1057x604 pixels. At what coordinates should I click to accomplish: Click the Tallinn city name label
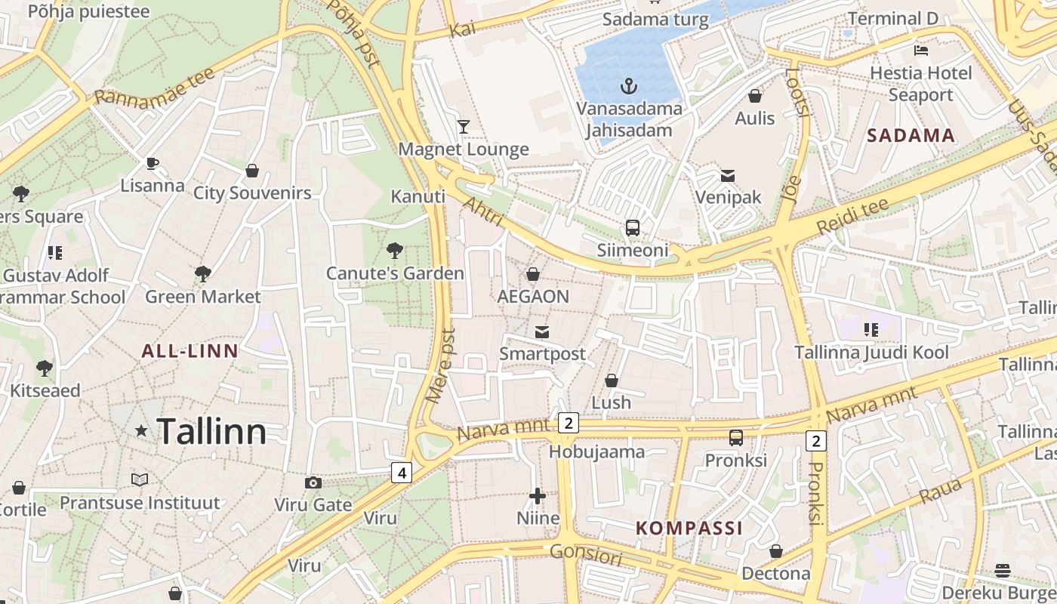pyautogui.click(x=211, y=431)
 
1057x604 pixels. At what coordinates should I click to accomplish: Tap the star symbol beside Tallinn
pyautogui.click(x=141, y=430)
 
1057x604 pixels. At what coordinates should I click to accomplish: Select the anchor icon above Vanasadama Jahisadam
pyautogui.click(x=629, y=86)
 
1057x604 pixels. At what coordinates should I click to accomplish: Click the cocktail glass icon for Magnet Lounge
pyautogui.click(x=464, y=126)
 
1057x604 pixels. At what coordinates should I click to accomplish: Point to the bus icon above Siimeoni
pyautogui.click(x=633, y=227)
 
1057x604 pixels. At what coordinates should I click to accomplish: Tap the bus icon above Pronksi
pyautogui.click(x=735, y=437)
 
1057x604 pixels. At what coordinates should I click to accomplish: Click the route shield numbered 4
pyautogui.click(x=402, y=473)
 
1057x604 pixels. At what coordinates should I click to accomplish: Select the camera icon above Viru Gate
pyautogui.click(x=313, y=482)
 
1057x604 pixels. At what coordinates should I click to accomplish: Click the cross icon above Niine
pyautogui.click(x=538, y=496)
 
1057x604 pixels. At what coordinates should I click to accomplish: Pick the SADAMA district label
pyautogui.click(x=911, y=136)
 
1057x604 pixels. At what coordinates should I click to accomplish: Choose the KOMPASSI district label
pyautogui.click(x=689, y=528)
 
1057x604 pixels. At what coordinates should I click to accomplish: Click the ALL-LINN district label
pyautogui.click(x=190, y=350)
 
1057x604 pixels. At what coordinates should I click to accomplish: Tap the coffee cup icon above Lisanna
pyautogui.click(x=153, y=163)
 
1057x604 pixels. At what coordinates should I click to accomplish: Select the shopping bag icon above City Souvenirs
pyautogui.click(x=252, y=171)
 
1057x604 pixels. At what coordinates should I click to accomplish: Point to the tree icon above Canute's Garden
pyautogui.click(x=394, y=250)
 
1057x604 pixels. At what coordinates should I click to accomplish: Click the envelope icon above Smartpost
pyautogui.click(x=542, y=331)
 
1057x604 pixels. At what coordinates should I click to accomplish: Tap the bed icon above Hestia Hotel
pyautogui.click(x=921, y=51)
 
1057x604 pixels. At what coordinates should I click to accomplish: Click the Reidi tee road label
pyautogui.click(x=852, y=216)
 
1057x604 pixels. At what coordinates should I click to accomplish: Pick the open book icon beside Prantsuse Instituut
pyautogui.click(x=140, y=479)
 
